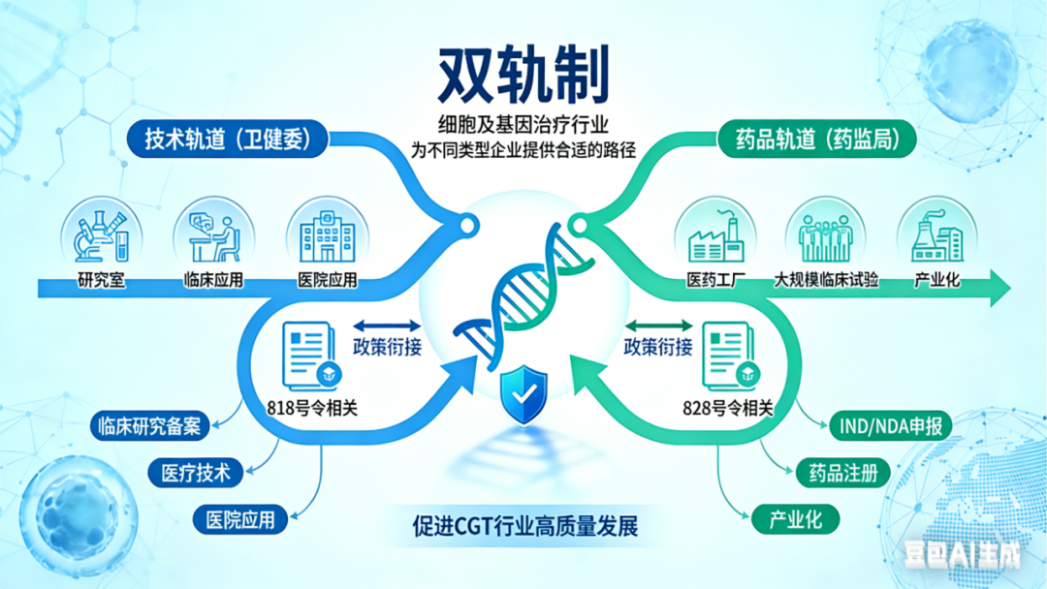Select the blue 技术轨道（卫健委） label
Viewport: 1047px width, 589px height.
224,139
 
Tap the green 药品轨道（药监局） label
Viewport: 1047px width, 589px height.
818,139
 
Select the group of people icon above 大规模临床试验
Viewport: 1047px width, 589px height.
825,235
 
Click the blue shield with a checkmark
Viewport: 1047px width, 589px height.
523,393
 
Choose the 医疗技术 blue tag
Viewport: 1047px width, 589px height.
190,473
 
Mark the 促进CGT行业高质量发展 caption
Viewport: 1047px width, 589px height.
524,527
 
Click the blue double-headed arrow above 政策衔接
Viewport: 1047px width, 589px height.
386,326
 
